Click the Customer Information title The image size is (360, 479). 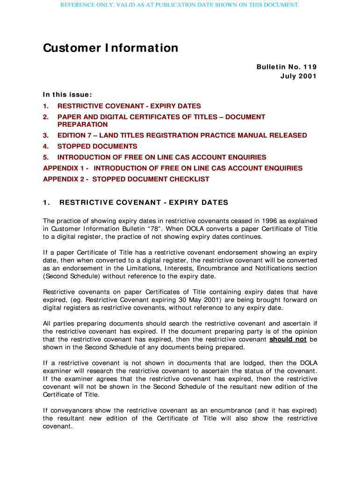pos(110,48)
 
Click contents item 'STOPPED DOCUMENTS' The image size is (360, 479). pos(97,146)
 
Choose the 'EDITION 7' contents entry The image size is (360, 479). pos(182,136)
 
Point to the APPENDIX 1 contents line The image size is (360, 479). pos(173,168)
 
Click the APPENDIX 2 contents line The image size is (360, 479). pos(126,179)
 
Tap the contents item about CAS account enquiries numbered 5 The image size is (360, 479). pos(162,158)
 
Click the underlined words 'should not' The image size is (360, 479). pos(288,340)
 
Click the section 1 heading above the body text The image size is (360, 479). pos(136,203)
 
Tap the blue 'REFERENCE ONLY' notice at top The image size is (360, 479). pos(180,5)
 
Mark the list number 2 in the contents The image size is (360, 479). pos(45,117)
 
